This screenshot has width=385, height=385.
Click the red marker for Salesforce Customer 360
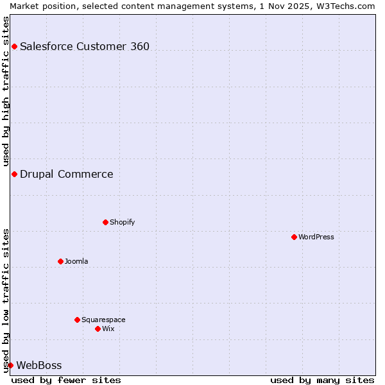(x=14, y=46)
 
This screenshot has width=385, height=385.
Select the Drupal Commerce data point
(x=14, y=174)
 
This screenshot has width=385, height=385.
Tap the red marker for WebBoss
(x=10, y=365)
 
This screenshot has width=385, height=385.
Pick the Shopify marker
(x=105, y=222)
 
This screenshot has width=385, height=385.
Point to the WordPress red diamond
(x=294, y=237)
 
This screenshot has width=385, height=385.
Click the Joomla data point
(x=60, y=261)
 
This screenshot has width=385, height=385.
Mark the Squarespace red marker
(x=77, y=320)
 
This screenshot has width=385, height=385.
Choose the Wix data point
(x=98, y=329)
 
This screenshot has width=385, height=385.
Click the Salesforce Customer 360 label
(x=85, y=46)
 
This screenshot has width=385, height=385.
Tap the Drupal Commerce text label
(x=67, y=174)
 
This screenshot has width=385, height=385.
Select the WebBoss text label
(x=39, y=365)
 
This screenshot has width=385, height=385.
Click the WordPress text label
(x=316, y=237)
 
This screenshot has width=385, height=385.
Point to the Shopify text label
(x=123, y=222)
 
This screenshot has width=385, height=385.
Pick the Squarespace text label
(x=103, y=320)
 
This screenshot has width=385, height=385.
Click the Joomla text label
(x=76, y=261)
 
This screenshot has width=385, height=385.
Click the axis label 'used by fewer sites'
(x=66, y=380)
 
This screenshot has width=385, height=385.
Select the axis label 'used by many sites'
(x=322, y=380)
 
